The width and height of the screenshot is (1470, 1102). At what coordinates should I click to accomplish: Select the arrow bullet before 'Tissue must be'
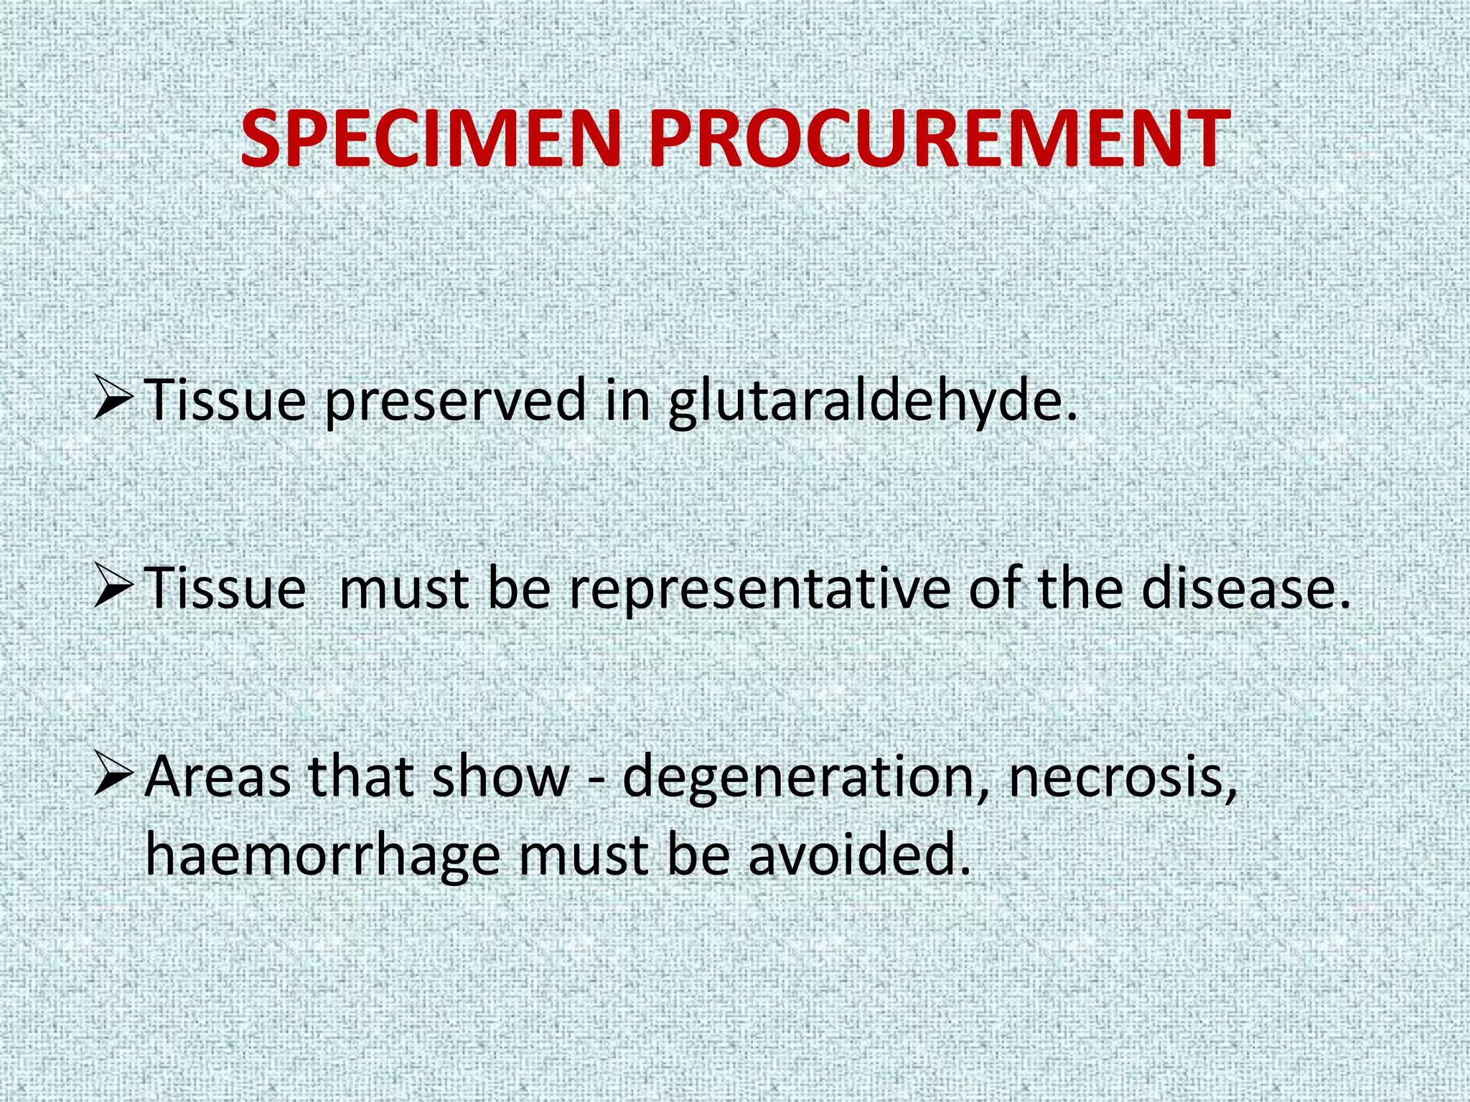pos(113,586)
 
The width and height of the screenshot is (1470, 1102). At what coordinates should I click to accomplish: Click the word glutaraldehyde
pos(872,402)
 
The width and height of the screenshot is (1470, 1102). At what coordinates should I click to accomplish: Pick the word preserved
pos(454,402)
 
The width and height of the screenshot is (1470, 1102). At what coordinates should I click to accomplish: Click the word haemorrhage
pos(323,857)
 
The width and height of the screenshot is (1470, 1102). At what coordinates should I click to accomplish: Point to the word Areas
pos(217,777)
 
